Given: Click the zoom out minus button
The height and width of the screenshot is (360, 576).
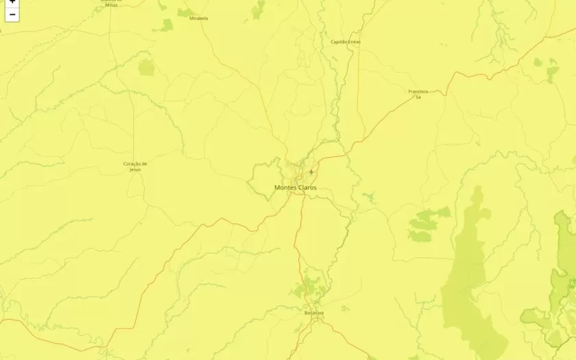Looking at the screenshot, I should point(12,14).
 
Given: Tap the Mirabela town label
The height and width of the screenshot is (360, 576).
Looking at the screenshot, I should point(199,19).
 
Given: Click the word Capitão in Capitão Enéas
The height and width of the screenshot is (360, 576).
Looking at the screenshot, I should point(339,42).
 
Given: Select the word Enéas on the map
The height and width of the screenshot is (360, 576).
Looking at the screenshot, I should point(355,42).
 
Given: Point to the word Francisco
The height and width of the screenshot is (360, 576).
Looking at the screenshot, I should point(418,91).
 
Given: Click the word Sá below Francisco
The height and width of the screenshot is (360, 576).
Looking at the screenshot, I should point(418,97).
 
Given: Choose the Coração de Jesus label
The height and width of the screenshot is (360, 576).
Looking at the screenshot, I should point(135,166).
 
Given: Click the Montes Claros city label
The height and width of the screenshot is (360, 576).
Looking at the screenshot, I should point(296,187).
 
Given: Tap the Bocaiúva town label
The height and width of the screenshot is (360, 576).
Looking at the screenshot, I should point(314,313).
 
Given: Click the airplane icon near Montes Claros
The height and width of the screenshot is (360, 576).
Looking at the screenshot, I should point(311,171).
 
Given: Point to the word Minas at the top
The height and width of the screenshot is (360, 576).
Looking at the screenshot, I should point(111,5).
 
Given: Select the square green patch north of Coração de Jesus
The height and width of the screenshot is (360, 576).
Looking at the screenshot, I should point(146,67).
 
